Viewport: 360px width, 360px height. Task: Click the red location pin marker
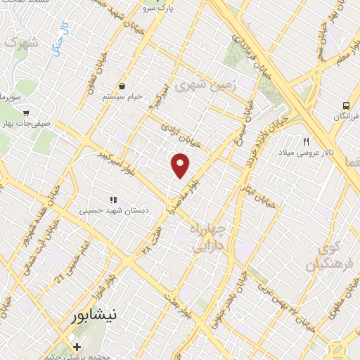tap(181, 165)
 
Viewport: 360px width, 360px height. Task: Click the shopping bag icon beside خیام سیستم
tap(122, 86)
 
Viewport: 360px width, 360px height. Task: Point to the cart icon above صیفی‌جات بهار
tap(26, 112)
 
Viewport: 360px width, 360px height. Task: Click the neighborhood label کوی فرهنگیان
tap(323, 257)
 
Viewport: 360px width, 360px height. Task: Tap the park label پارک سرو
tap(157, 9)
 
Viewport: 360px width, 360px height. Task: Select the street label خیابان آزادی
tap(181, 136)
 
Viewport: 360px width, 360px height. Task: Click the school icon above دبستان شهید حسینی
tap(113, 200)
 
